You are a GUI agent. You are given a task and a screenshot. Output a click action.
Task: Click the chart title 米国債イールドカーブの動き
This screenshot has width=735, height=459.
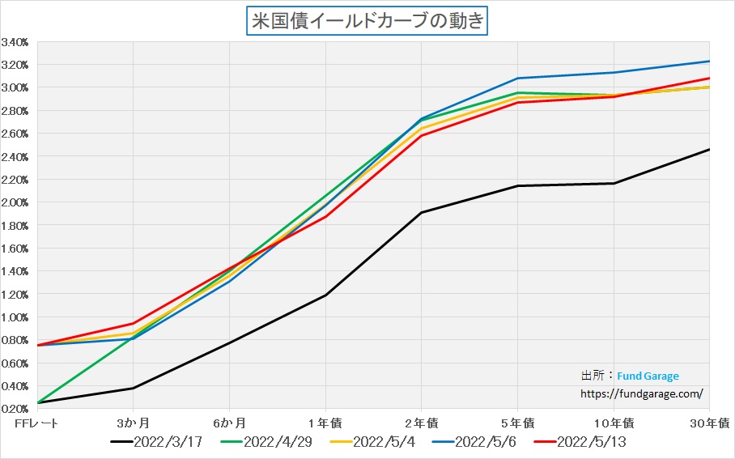367,20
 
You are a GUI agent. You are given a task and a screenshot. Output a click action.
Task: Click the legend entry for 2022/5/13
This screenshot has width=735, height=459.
591,442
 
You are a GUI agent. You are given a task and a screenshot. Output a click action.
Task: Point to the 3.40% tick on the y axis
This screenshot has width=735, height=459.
15,42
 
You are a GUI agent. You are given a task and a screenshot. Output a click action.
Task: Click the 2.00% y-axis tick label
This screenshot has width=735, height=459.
15,202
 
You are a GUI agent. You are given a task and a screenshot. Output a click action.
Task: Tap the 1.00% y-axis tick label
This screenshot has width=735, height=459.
15,317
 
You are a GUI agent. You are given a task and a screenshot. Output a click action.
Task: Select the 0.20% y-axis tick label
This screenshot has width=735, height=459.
15,409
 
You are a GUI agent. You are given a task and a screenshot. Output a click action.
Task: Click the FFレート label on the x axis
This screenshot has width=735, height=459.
36,423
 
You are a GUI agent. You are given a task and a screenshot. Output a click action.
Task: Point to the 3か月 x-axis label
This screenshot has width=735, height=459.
133,423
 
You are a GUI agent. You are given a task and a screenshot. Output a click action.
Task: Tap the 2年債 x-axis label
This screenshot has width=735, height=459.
421,423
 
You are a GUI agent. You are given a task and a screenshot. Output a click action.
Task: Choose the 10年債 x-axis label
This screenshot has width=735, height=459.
614,423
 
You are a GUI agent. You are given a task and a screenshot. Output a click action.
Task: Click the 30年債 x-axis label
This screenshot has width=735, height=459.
712,423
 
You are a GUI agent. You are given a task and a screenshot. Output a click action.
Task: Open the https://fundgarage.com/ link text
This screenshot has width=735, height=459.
643,393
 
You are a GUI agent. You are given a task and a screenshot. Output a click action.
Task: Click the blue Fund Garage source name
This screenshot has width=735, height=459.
648,376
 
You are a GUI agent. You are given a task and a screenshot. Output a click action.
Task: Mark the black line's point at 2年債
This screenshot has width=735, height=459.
421,213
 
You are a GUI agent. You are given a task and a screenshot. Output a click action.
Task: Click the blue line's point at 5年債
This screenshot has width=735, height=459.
517,79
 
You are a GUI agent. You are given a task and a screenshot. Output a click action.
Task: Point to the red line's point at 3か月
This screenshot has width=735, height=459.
133,324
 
